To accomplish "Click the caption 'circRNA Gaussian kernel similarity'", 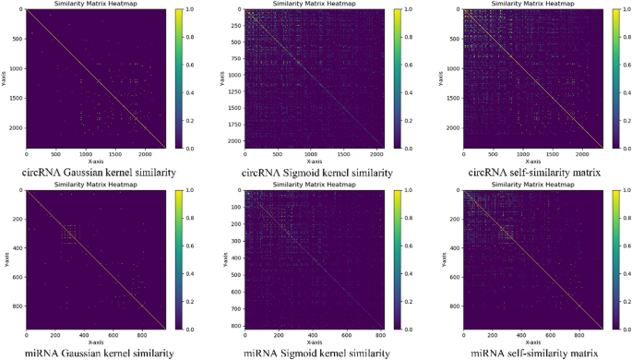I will click(96, 172).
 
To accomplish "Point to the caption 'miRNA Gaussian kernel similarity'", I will click(96, 352).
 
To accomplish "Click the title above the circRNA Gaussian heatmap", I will click(96, 5).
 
